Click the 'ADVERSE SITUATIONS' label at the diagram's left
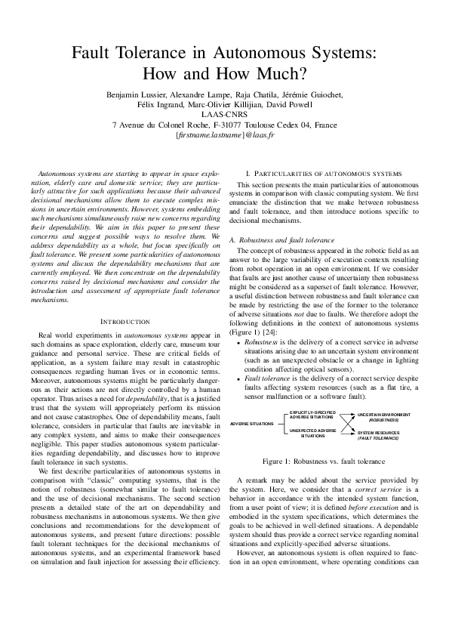pyautogui.click(x=251, y=424)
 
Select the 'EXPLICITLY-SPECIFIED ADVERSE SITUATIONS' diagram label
pyautogui.click(x=312, y=415)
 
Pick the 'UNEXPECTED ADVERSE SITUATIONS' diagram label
pyautogui.click(x=312, y=433)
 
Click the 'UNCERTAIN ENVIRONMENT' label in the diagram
pyautogui.click(x=384, y=415)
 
